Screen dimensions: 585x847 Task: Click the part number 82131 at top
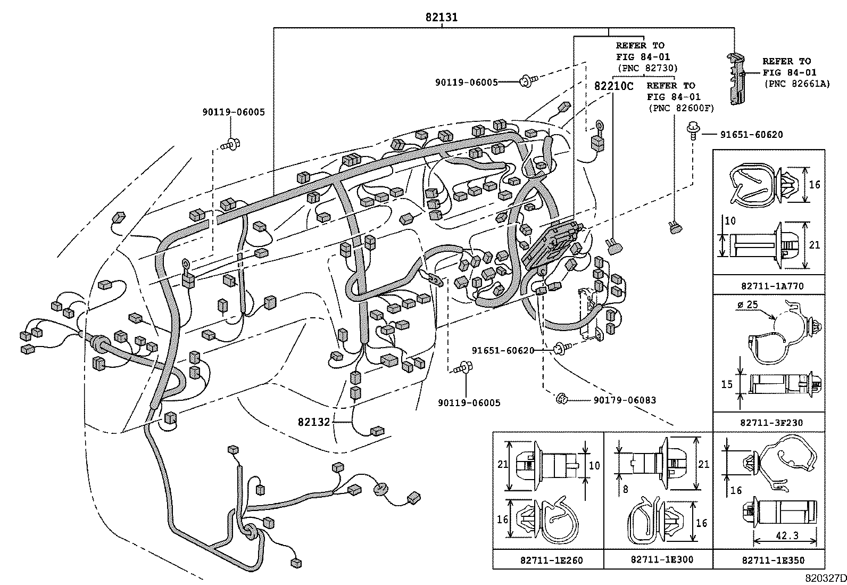[441, 18]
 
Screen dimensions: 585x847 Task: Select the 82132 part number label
[314, 422]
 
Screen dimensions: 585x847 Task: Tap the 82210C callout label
[613, 86]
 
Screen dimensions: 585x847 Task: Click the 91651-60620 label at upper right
[751, 135]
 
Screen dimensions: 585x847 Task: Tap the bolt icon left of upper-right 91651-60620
[693, 129]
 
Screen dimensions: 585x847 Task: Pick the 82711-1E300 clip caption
[658, 560]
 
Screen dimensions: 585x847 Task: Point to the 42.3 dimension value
[786, 536]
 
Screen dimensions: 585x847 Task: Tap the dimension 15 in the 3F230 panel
[727, 384]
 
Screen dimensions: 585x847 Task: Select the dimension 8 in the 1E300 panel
[625, 488]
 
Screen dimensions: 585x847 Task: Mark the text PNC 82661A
[796, 84]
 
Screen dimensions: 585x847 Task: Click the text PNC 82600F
[680, 109]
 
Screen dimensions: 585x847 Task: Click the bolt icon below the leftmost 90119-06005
[231, 143]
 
